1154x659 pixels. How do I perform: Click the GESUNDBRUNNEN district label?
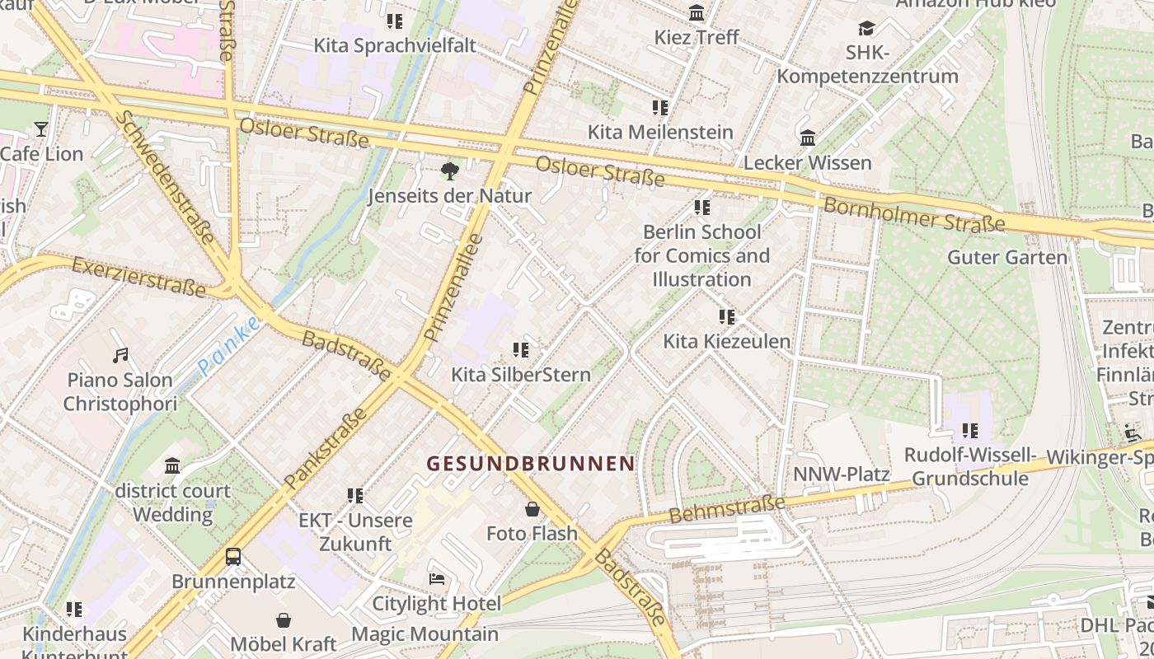coord(531,464)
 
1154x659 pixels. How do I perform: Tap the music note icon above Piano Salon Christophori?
coord(120,356)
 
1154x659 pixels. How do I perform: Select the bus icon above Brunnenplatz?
coord(233,557)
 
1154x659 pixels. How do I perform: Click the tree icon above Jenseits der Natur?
coord(449,171)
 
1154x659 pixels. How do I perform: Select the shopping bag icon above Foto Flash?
coord(532,509)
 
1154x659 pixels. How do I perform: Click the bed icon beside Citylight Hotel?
coord(437,579)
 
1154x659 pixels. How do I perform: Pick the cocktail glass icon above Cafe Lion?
coord(41,129)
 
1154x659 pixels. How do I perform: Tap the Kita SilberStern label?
coord(520,375)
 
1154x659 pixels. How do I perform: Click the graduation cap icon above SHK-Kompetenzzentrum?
coord(866,30)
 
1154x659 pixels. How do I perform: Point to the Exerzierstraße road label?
coord(138,276)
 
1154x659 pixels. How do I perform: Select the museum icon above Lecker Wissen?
coord(808,138)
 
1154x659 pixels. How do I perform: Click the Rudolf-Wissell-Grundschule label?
coord(970,466)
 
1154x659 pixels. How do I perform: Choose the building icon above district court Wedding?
coord(172,466)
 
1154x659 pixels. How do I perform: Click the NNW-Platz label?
coord(841,474)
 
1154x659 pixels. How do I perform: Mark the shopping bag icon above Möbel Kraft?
coord(284,619)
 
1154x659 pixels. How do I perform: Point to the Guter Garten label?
coord(1007,257)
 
